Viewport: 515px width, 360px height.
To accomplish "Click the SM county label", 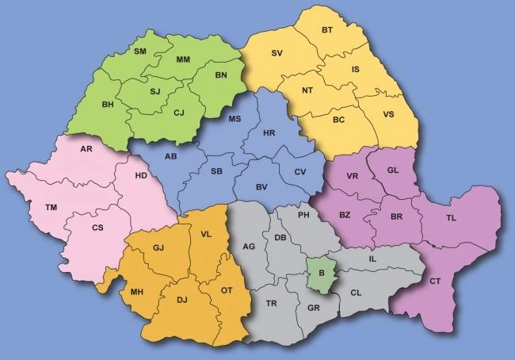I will [x=140, y=52].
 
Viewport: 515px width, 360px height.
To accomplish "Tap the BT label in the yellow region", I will [x=327, y=31].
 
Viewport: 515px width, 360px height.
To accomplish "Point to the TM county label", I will [x=51, y=208].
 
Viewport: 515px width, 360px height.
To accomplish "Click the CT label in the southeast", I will [x=435, y=281].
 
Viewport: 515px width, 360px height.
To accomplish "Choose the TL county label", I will [x=451, y=218].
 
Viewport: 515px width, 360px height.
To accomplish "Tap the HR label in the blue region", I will [x=269, y=133].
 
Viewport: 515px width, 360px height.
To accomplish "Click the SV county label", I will [x=277, y=53].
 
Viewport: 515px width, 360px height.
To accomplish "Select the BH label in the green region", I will [x=108, y=104].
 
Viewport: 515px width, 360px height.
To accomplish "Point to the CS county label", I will [x=97, y=228].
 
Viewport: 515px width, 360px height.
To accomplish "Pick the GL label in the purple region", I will [x=393, y=170].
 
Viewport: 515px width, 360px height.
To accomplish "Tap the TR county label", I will [x=272, y=304].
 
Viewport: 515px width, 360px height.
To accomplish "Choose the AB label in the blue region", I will [x=170, y=156].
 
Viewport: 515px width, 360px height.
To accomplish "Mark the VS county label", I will [x=388, y=114].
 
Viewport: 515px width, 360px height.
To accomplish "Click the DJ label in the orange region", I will [x=181, y=299].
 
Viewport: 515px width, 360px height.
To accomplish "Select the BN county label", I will [x=221, y=75].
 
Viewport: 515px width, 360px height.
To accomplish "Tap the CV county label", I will [x=299, y=172].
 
